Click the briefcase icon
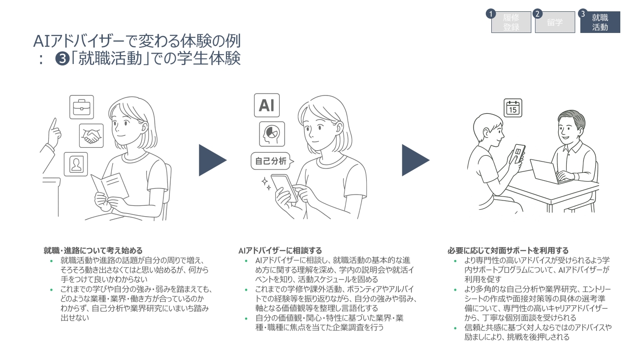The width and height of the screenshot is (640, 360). coord(81,107)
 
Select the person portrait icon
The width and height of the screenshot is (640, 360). coord(76,164)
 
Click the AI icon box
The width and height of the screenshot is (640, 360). coord(266,105)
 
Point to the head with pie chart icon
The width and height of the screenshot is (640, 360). coord(272,134)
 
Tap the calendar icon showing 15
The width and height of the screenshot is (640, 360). coord(513,108)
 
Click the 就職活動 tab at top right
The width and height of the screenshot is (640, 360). coord(600,22)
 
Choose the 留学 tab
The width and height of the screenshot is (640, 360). coord(555,22)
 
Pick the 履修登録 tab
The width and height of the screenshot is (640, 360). coord(511,22)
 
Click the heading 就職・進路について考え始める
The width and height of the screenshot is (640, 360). coord(93,251)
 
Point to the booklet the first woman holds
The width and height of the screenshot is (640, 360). coord(109,186)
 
